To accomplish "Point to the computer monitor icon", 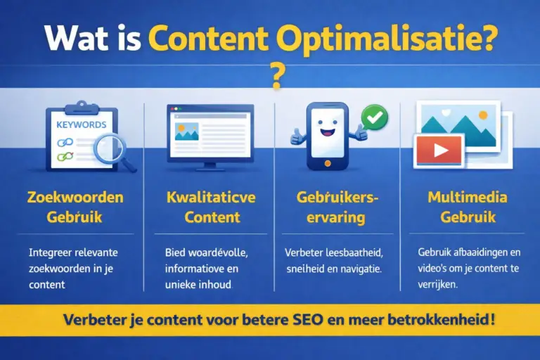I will coord(210,136).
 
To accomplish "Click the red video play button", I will coord(439,151).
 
